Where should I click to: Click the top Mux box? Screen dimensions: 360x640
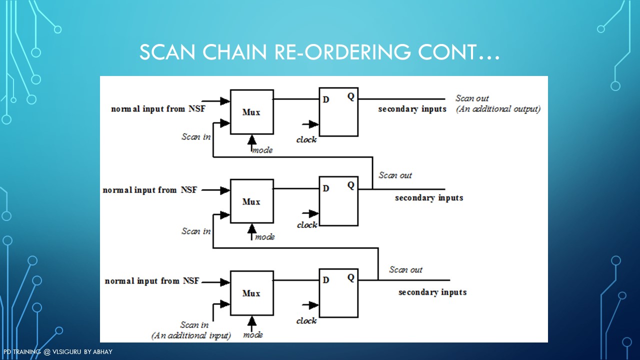pyautogui.click(x=251, y=112)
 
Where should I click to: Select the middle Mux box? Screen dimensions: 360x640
pyautogui.click(x=251, y=201)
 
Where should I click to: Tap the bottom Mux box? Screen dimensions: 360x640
pyautogui.click(x=251, y=292)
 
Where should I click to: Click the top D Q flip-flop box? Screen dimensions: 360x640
pyautogui.click(x=338, y=111)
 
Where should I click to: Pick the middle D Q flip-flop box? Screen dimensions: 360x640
pyautogui.click(x=338, y=200)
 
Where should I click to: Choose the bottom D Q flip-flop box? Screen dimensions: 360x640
pyautogui.click(x=338, y=292)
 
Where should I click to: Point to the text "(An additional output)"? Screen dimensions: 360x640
pyautogui.click(x=498, y=109)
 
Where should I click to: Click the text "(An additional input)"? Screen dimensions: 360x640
pyautogui.click(x=191, y=335)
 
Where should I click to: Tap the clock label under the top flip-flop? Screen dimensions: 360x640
pyautogui.click(x=306, y=140)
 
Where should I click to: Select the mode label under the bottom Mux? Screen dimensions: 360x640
pyautogui.click(x=253, y=335)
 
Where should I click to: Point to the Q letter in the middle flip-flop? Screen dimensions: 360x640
pyautogui.click(x=351, y=185)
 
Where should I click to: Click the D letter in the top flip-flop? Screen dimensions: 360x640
pyautogui.click(x=326, y=99)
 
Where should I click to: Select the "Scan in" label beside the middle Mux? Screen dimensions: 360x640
pyautogui.click(x=196, y=231)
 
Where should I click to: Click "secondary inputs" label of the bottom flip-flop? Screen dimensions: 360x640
pyautogui.click(x=432, y=292)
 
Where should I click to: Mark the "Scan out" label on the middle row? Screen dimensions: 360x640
pyautogui.click(x=395, y=175)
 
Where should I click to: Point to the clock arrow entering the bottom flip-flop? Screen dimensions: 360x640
pyautogui.click(x=312, y=305)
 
